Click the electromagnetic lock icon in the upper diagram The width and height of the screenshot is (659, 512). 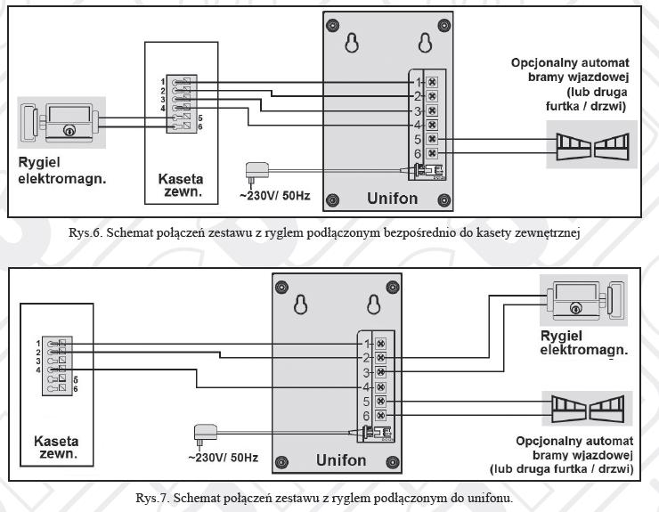61,122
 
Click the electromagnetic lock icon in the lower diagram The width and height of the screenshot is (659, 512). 584,301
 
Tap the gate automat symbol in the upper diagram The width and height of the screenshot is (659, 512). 591,145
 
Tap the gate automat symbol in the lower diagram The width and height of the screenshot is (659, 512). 587,408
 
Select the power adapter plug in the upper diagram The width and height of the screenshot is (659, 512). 256,173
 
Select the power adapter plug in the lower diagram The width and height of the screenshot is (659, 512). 206,435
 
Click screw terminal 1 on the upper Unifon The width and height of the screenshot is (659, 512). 432,82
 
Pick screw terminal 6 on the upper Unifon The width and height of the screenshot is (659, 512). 432,153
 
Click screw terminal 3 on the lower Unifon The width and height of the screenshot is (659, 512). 380,372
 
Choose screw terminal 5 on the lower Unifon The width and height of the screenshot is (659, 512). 380,401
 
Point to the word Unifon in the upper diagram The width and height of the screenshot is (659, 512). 392,199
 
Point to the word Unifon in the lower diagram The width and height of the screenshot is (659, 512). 341,460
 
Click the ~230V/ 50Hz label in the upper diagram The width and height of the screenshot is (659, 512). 275,196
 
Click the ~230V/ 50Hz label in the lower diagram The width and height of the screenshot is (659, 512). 224,458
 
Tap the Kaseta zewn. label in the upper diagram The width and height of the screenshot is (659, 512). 181,185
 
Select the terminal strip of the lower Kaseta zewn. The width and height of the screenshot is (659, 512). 57,366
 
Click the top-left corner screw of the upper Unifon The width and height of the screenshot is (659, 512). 332,24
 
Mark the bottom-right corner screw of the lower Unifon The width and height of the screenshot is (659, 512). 393,462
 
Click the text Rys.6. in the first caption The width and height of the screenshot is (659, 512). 85,233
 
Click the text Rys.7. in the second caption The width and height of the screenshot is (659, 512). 152,499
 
